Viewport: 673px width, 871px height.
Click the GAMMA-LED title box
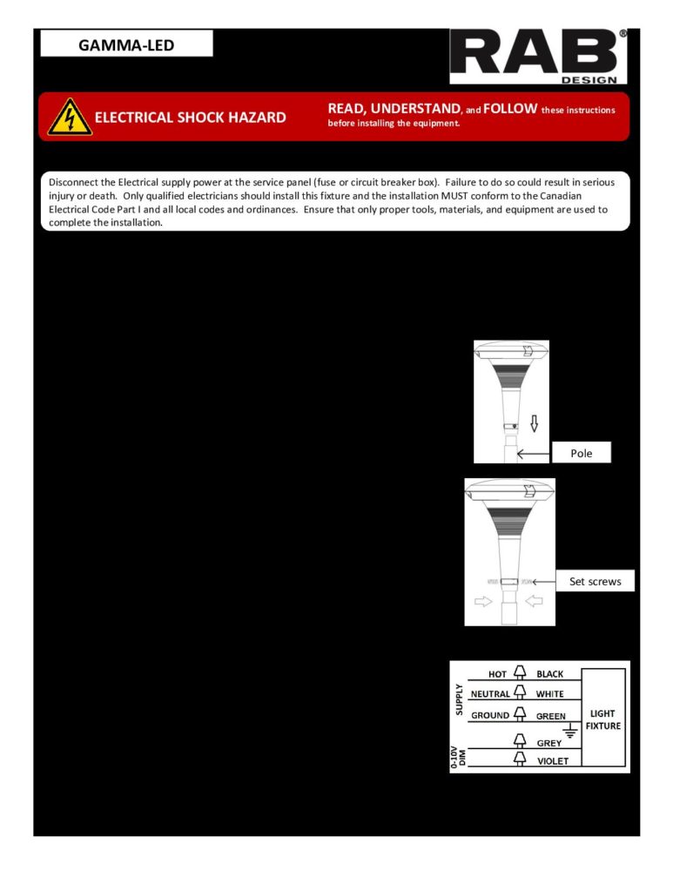coord(126,44)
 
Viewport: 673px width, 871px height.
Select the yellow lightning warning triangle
coord(68,116)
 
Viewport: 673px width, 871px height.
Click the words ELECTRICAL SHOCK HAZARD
coord(190,118)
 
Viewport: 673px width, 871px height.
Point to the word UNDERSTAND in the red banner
coord(414,109)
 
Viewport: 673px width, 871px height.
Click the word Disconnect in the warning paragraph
coord(77,183)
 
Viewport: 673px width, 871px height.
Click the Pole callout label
coord(581,453)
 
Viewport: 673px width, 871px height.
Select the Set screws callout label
coord(596,581)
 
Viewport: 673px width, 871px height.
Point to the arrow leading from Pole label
coord(533,453)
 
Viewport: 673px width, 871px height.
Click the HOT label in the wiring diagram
coord(497,674)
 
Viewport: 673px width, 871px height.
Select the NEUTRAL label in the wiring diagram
coord(489,694)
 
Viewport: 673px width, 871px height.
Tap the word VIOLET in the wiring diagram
coord(552,760)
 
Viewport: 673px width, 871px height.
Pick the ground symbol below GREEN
coord(570,730)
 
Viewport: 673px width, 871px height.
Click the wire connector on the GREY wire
coord(520,740)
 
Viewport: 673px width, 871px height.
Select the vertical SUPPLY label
coord(460,699)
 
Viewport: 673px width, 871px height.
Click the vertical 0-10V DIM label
coord(460,755)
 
